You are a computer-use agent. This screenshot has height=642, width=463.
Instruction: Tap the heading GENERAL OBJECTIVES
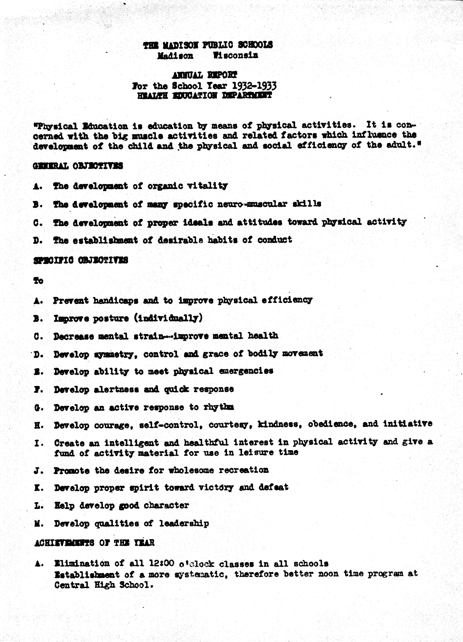(78, 166)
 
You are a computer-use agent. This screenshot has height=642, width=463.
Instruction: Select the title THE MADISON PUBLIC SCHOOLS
(208, 45)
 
